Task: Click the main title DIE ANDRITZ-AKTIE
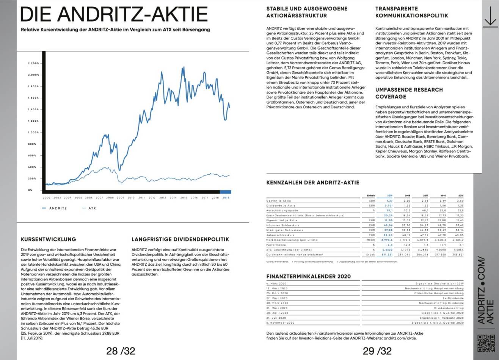pyautogui.click(x=114, y=14)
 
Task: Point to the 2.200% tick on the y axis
pyautogui.click(x=34, y=63)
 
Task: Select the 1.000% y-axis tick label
pyautogui.click(x=34, y=133)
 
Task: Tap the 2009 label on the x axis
pyautogui.click(x=120, y=197)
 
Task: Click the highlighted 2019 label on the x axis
pyautogui.click(x=226, y=197)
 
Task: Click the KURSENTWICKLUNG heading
pyautogui.click(x=48, y=239)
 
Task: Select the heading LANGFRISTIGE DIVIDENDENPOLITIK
pyautogui.click(x=180, y=239)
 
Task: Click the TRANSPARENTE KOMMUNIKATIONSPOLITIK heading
pyautogui.click(x=411, y=12)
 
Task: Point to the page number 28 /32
pyautogui.click(x=121, y=351)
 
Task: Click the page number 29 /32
pyautogui.click(x=377, y=351)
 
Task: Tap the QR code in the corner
pyautogui.click(x=485, y=343)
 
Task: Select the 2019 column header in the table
pyautogui.click(x=389, y=196)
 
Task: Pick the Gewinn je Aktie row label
pyautogui.click(x=279, y=201)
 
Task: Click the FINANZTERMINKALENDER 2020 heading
pyautogui.click(x=308, y=277)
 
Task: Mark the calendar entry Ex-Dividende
pyautogui.click(x=453, y=298)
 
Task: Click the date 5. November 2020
pyautogui.click(x=280, y=323)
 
